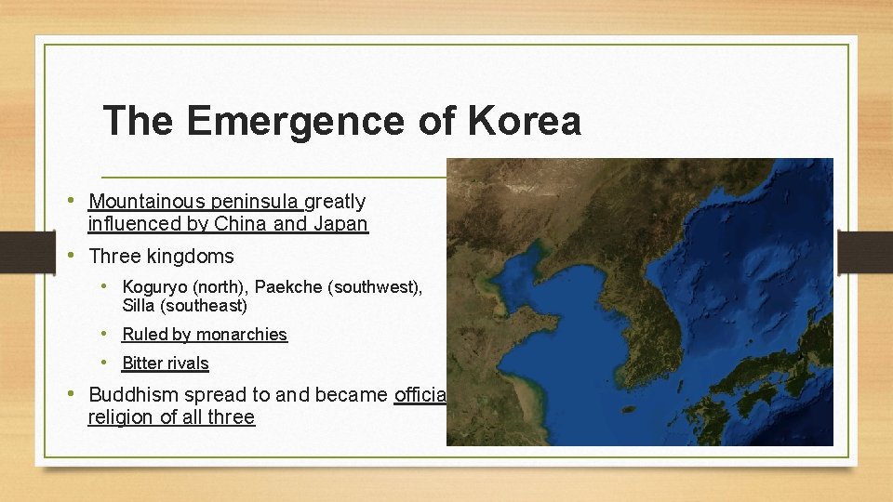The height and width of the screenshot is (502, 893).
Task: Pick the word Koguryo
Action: point(154,287)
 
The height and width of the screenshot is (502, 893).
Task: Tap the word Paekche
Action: point(287,287)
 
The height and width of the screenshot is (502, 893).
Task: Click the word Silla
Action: point(140,305)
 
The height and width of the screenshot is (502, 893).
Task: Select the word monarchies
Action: point(241,335)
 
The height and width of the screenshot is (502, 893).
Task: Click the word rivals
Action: point(184,363)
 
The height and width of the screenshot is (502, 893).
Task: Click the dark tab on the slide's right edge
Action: point(865,251)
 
